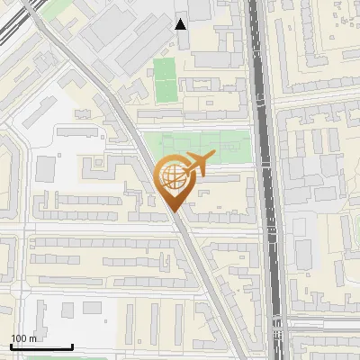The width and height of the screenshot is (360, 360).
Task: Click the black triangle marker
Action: pyautogui.click(x=181, y=24)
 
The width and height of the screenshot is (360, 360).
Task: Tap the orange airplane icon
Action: pyautogui.click(x=194, y=166)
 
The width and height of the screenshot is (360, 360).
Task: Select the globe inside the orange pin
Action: pyautogui.click(x=174, y=177)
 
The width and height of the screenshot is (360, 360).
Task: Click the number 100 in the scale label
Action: pyautogui.click(x=20, y=338)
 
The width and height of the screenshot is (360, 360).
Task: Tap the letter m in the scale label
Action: pyautogui.click(x=33, y=338)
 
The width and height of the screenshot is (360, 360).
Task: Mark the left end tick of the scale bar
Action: pyautogui.click(x=10, y=346)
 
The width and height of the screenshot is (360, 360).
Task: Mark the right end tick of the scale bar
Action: pyautogui.click(x=72, y=346)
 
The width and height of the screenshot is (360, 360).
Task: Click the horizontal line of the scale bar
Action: pyautogui.click(x=40, y=348)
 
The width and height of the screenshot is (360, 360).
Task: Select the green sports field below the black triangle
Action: pyautogui.click(x=164, y=79)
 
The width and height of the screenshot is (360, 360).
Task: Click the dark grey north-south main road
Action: pyautogui.click(x=265, y=180)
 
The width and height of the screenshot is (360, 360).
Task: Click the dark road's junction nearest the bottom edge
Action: pyautogui.click(x=276, y=321)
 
